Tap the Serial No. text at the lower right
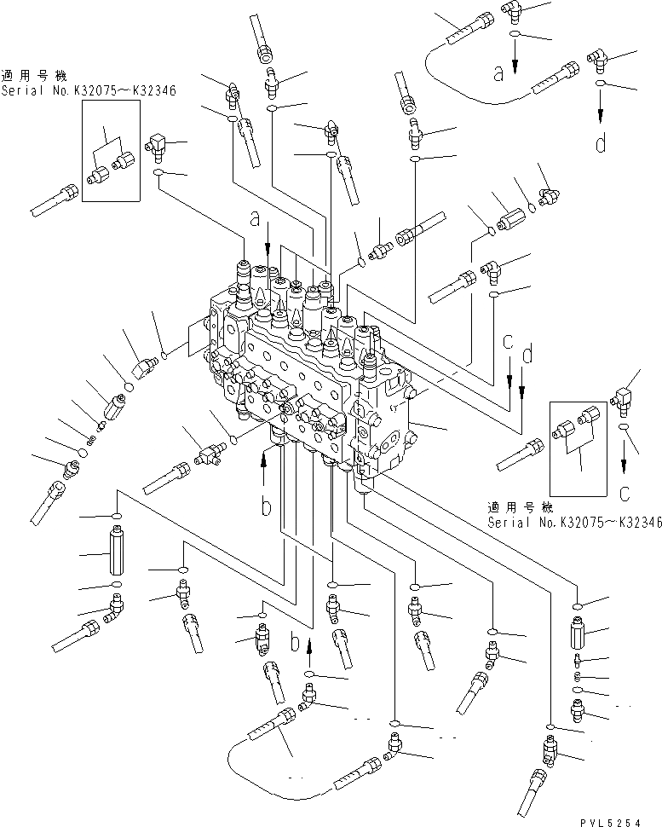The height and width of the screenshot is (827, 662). (x=574, y=523)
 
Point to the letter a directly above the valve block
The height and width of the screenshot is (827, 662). (x=256, y=220)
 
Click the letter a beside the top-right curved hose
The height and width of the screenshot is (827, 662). (x=499, y=74)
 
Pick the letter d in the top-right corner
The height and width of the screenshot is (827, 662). (x=601, y=143)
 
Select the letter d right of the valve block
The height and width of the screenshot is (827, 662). (x=528, y=350)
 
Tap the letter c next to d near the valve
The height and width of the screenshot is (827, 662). (x=508, y=342)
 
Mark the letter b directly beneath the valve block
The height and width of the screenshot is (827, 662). (x=266, y=507)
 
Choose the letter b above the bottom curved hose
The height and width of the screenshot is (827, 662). (x=295, y=642)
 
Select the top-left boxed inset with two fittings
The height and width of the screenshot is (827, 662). (x=111, y=151)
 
